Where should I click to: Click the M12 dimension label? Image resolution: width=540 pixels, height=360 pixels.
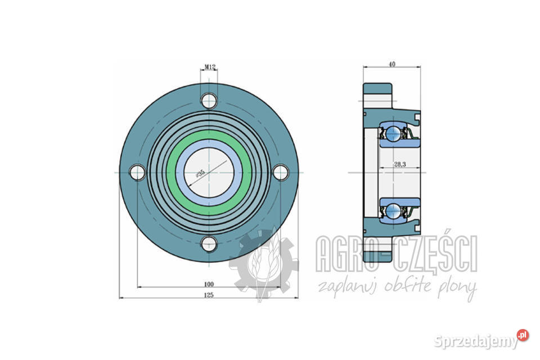pos(209,67)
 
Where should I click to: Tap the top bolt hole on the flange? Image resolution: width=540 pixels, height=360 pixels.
pos(209,101)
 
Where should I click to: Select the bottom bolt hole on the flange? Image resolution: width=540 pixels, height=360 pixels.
pos(209,244)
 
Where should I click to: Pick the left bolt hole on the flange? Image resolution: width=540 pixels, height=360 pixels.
pos(138,173)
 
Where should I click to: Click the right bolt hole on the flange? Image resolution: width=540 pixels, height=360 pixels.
pos(281,173)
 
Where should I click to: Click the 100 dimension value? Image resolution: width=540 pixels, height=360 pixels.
pos(209,284)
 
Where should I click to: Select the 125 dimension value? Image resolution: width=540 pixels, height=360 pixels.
pos(209,295)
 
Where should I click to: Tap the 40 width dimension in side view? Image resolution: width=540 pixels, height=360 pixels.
pos(392,64)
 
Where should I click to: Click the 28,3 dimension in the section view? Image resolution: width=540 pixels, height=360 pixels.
pos(400,165)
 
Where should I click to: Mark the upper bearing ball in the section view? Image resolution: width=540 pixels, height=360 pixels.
pos(393,134)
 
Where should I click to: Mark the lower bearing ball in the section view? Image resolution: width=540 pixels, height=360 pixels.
pos(393,211)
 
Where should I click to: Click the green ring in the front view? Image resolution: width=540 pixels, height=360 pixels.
pos(209,137)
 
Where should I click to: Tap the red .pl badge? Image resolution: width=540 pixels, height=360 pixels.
pos(523,335)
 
